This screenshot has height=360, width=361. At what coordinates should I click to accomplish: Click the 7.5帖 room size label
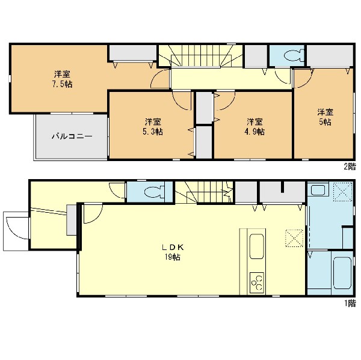[62, 84]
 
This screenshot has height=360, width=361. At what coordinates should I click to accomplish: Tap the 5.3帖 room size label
[152, 132]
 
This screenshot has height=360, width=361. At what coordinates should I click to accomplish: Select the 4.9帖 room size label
[255, 132]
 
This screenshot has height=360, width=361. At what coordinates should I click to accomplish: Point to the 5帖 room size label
[325, 122]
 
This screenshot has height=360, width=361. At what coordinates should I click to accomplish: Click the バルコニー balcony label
[72, 136]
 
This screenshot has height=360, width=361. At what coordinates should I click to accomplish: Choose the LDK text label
[173, 247]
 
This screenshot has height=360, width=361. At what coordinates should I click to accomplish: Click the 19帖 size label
[172, 257]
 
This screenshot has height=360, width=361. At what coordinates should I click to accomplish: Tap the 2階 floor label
[350, 166]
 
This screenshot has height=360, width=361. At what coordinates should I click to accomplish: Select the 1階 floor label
[350, 304]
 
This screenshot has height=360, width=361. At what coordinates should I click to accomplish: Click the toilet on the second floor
[293, 56]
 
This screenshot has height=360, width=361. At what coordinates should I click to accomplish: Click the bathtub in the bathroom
[342, 273]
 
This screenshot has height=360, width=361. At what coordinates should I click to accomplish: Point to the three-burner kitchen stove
[256, 282]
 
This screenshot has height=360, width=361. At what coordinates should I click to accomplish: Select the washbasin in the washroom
[318, 189]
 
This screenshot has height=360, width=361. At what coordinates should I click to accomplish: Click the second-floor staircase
[201, 56]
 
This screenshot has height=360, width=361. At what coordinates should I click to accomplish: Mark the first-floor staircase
[204, 192]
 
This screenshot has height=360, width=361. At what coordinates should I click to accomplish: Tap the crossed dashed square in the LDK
[294, 238]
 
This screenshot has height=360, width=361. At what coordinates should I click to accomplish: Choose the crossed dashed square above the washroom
[343, 192]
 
